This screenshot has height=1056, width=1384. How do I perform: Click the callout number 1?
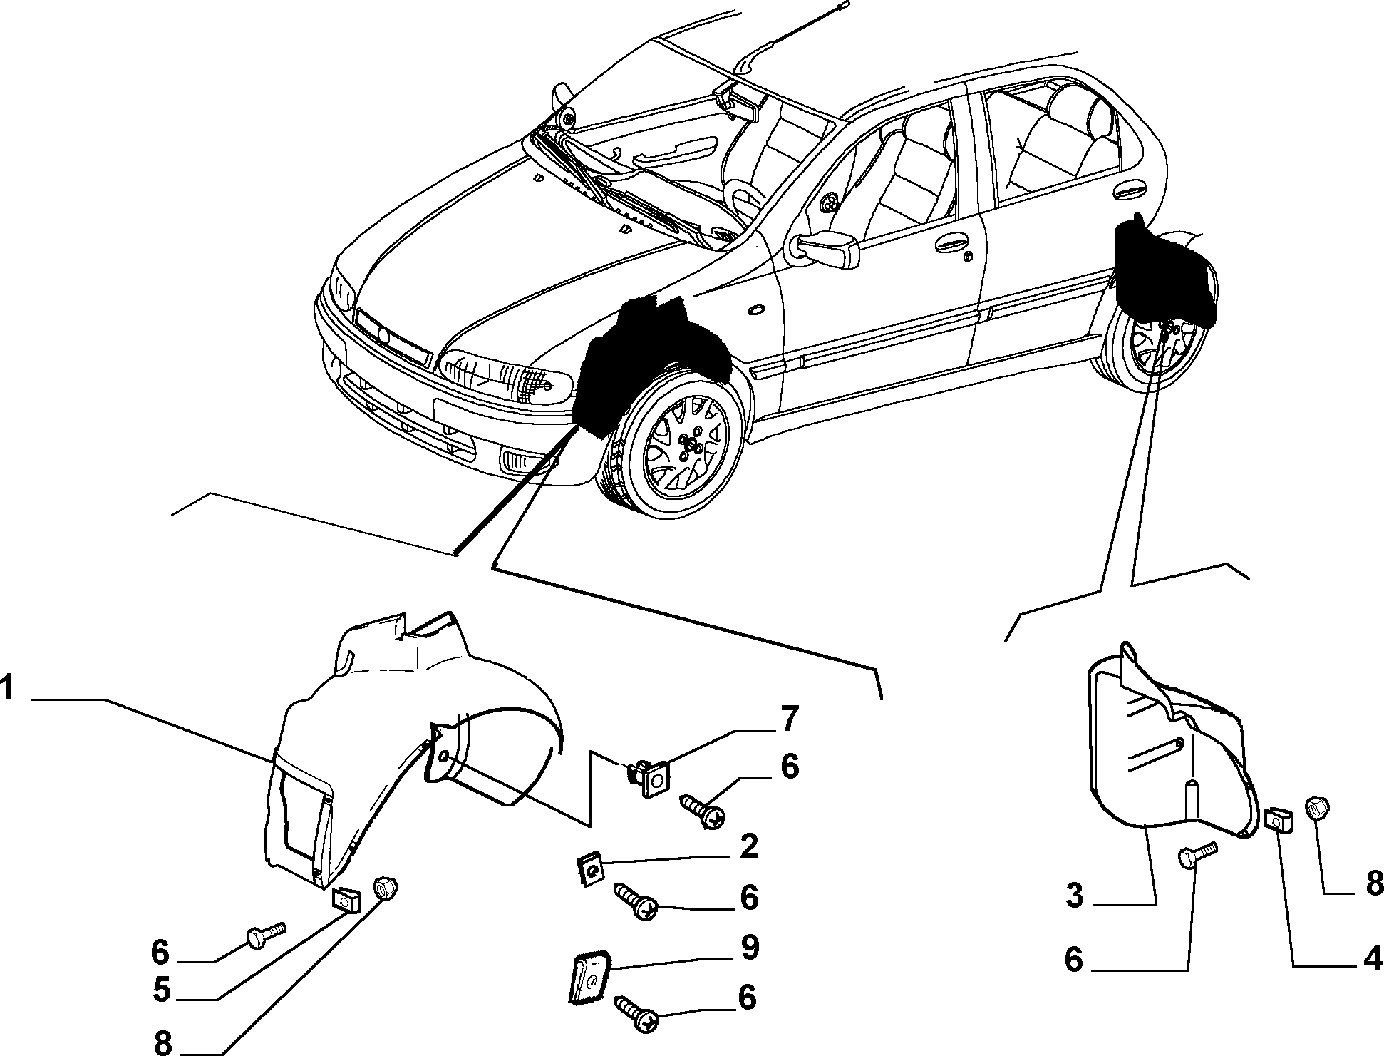(9, 690)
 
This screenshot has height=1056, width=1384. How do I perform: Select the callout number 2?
(749, 847)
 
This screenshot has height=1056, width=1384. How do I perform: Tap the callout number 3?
(1075, 895)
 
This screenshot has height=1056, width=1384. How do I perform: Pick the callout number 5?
(162, 991)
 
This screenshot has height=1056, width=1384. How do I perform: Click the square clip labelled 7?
(648, 778)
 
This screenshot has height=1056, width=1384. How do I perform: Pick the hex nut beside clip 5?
(386, 890)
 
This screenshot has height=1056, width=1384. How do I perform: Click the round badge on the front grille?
(383, 336)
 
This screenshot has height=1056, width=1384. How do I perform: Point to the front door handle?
(953, 244)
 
